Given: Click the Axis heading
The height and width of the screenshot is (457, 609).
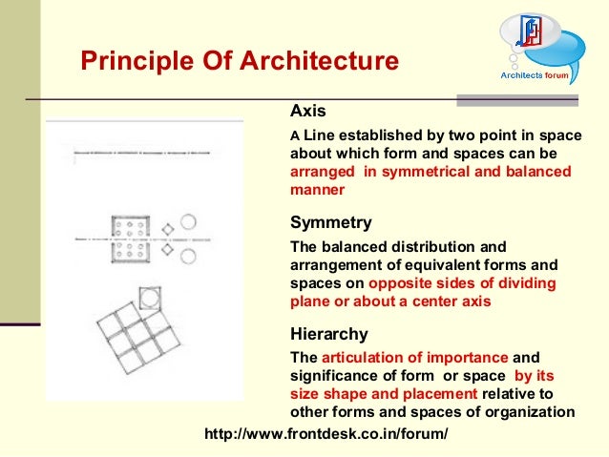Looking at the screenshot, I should pyautogui.click(x=307, y=110).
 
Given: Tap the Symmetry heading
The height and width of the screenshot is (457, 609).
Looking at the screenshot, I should pyautogui.click(x=330, y=223).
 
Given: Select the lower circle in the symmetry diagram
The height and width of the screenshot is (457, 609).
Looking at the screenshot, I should pyautogui.click(x=189, y=256).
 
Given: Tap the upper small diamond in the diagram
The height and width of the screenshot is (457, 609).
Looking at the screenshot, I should pyautogui.click(x=167, y=229).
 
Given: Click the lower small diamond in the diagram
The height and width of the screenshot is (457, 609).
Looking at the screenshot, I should pyautogui.click(x=167, y=251).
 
